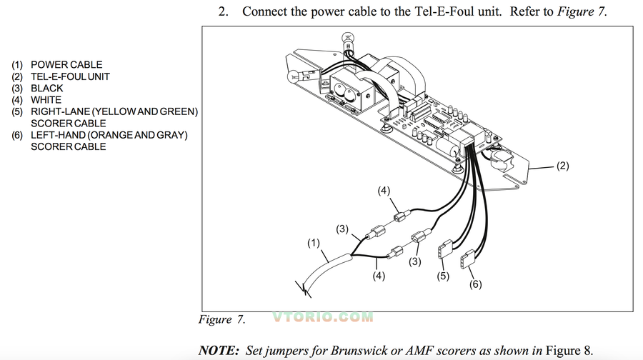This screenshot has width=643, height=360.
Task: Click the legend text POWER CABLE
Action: point(66,64)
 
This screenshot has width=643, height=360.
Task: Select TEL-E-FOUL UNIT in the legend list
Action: point(70,76)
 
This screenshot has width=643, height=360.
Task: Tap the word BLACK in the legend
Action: point(47,89)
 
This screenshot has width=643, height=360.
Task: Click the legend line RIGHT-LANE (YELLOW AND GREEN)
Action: point(114,111)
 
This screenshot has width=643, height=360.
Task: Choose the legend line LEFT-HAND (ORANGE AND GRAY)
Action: point(109,135)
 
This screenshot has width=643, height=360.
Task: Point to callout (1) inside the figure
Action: point(314,243)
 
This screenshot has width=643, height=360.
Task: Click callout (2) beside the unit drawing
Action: point(562,166)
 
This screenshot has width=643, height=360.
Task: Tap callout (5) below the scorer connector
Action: point(443,276)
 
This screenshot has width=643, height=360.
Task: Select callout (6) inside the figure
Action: point(476,284)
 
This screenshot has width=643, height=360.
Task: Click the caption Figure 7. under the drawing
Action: point(221,319)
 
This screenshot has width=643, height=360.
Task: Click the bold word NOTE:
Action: point(219,350)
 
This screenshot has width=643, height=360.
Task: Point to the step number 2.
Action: point(224,12)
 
